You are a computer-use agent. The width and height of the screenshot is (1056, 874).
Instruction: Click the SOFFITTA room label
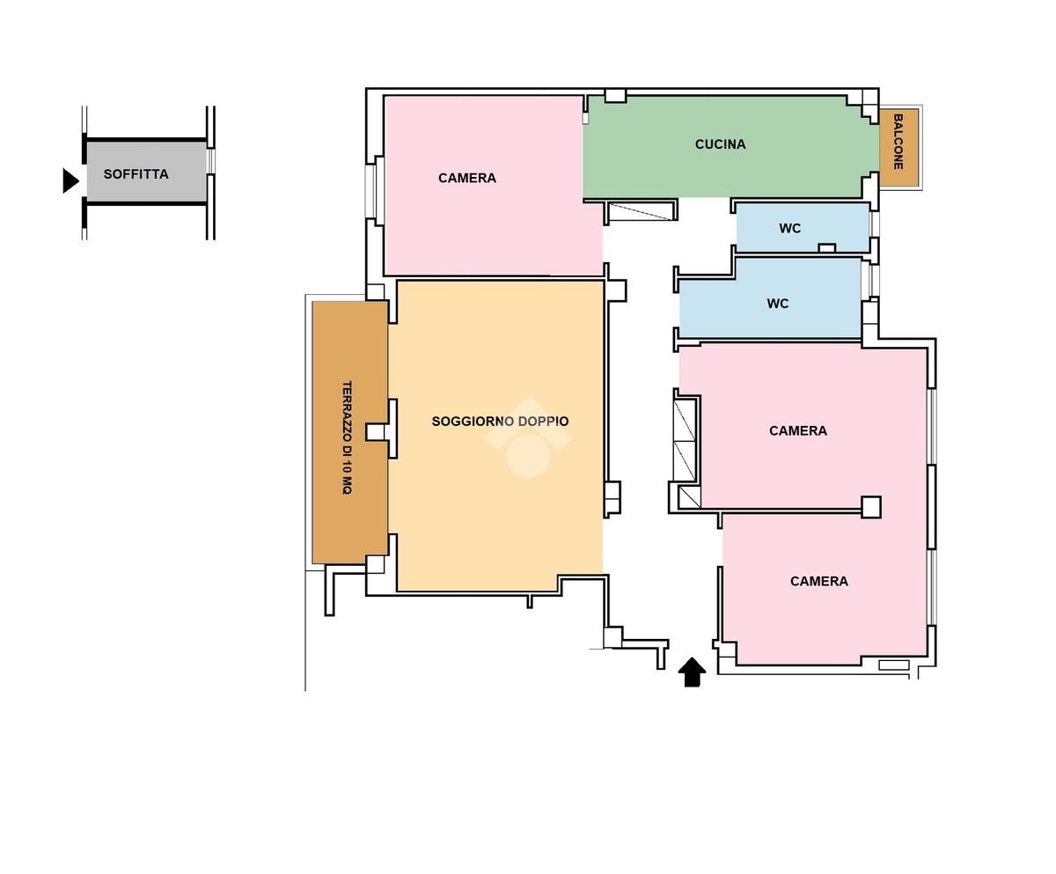[x=136, y=174]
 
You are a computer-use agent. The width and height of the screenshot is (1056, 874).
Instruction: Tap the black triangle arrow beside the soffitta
[x=70, y=180]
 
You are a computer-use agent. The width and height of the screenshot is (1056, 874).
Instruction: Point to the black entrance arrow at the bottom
[x=692, y=672]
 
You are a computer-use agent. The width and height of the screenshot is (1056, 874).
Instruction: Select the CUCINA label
[x=720, y=144]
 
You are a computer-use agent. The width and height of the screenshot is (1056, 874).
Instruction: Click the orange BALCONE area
[x=898, y=147]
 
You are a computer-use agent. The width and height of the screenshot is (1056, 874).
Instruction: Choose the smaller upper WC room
[x=803, y=228]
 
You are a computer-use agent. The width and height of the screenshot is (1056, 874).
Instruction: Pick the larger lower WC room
[x=770, y=298]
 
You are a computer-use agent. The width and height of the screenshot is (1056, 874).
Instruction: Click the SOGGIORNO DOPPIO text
[x=500, y=422]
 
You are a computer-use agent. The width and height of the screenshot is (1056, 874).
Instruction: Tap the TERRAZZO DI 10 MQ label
[x=347, y=437]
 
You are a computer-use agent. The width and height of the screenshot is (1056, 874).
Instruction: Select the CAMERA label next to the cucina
[x=466, y=178]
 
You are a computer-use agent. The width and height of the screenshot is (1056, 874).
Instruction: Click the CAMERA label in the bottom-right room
[x=818, y=581]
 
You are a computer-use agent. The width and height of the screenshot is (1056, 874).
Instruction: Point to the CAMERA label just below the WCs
[x=798, y=431]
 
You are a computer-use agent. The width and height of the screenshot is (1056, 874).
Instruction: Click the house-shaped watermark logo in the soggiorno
[x=529, y=438]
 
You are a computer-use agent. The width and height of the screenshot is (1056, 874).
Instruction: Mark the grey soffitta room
[x=147, y=171]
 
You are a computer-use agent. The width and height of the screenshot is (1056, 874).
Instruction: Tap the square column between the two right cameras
[x=871, y=507]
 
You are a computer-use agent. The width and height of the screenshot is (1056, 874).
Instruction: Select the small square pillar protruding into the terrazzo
[x=375, y=432]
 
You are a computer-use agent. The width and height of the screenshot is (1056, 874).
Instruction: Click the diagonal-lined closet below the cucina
[x=640, y=211]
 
